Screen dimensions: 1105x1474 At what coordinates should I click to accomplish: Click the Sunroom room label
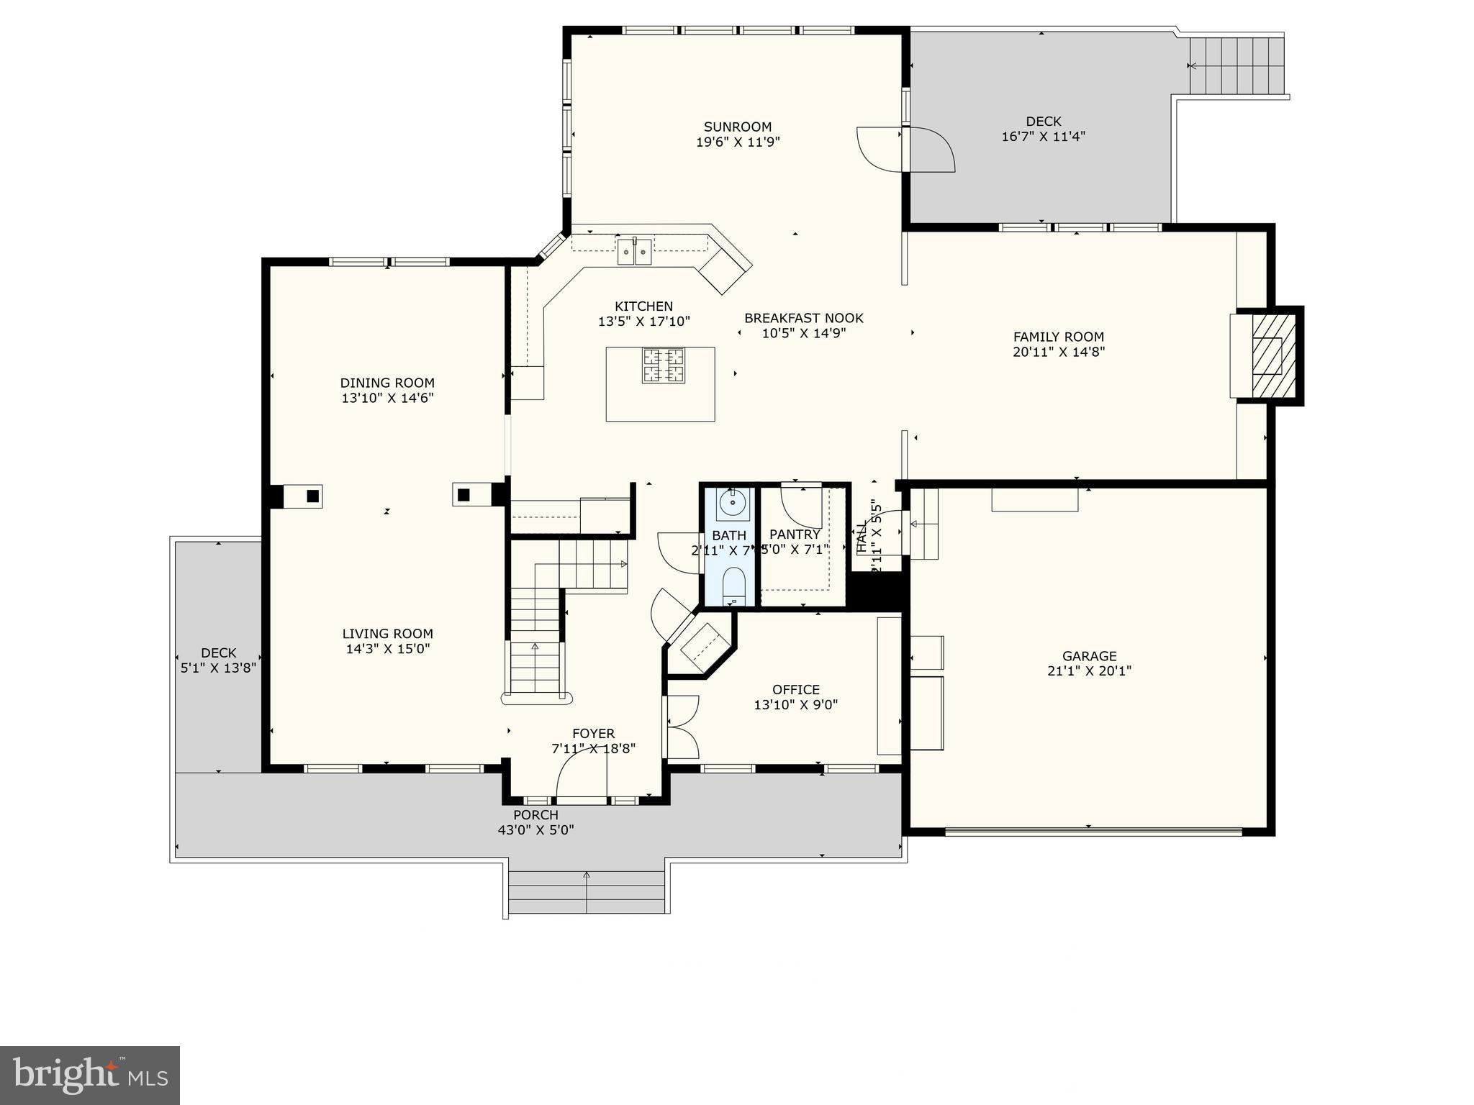pos(738,127)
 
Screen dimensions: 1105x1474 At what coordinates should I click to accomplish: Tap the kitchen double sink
pos(634,252)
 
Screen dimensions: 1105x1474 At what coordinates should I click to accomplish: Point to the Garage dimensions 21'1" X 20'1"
pos(1089,671)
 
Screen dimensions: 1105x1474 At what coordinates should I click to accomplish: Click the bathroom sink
pos(733,504)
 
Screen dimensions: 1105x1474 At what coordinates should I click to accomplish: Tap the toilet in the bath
pos(733,584)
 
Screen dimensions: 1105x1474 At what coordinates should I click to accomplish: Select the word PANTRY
pos(795,535)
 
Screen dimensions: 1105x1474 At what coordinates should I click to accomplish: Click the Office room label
pos(795,690)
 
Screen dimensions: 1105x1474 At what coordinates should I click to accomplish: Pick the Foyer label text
pos(593,734)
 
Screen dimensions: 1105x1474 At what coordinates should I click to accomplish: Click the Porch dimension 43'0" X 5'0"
pos(535,830)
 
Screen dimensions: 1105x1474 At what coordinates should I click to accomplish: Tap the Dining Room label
pos(387,383)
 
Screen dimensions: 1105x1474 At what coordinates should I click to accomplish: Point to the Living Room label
pos(387,634)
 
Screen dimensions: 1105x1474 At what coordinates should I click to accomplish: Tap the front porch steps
pos(587,892)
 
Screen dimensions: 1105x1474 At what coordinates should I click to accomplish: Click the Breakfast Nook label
pos(803,318)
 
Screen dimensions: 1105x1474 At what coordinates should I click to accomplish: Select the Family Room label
pos(1058,337)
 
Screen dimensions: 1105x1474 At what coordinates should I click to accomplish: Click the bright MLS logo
pos(90,1075)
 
